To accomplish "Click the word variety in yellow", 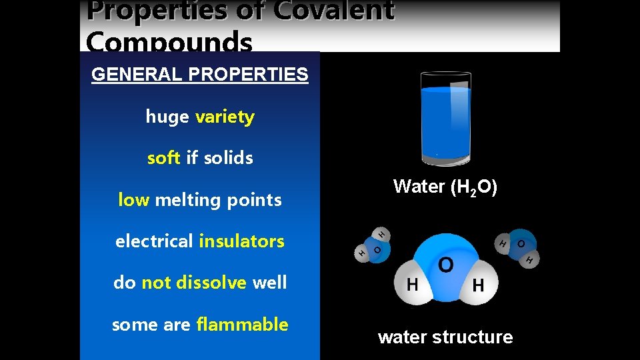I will [x=225, y=117].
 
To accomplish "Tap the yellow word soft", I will [x=164, y=158].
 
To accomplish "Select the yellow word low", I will [x=133, y=199].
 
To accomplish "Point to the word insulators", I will [x=241, y=241].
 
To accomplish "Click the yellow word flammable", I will [x=242, y=325].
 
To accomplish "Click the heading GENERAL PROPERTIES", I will [x=200, y=74].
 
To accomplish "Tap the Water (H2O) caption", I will [x=445, y=187].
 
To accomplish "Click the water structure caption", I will [x=445, y=337].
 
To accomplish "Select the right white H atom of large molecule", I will [x=478, y=285].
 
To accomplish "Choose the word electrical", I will [x=154, y=241].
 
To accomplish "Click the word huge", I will [x=167, y=117].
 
